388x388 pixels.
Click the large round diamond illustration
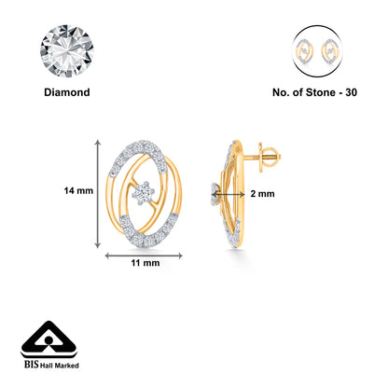pyautogui.click(x=67, y=51)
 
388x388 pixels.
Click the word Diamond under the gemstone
pyautogui.click(x=67, y=92)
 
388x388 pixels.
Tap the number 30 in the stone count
pyautogui.click(x=351, y=92)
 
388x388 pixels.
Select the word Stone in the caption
pyautogui.click(x=319, y=92)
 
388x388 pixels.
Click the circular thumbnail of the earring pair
pyautogui.click(x=317, y=51)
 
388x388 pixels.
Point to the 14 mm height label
pyautogui.click(x=78, y=190)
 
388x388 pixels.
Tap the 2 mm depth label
pyautogui.click(x=263, y=194)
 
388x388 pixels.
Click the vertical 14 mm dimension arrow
pyautogui.click(x=98, y=194)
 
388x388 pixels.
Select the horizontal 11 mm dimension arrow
pyautogui.click(x=144, y=256)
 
